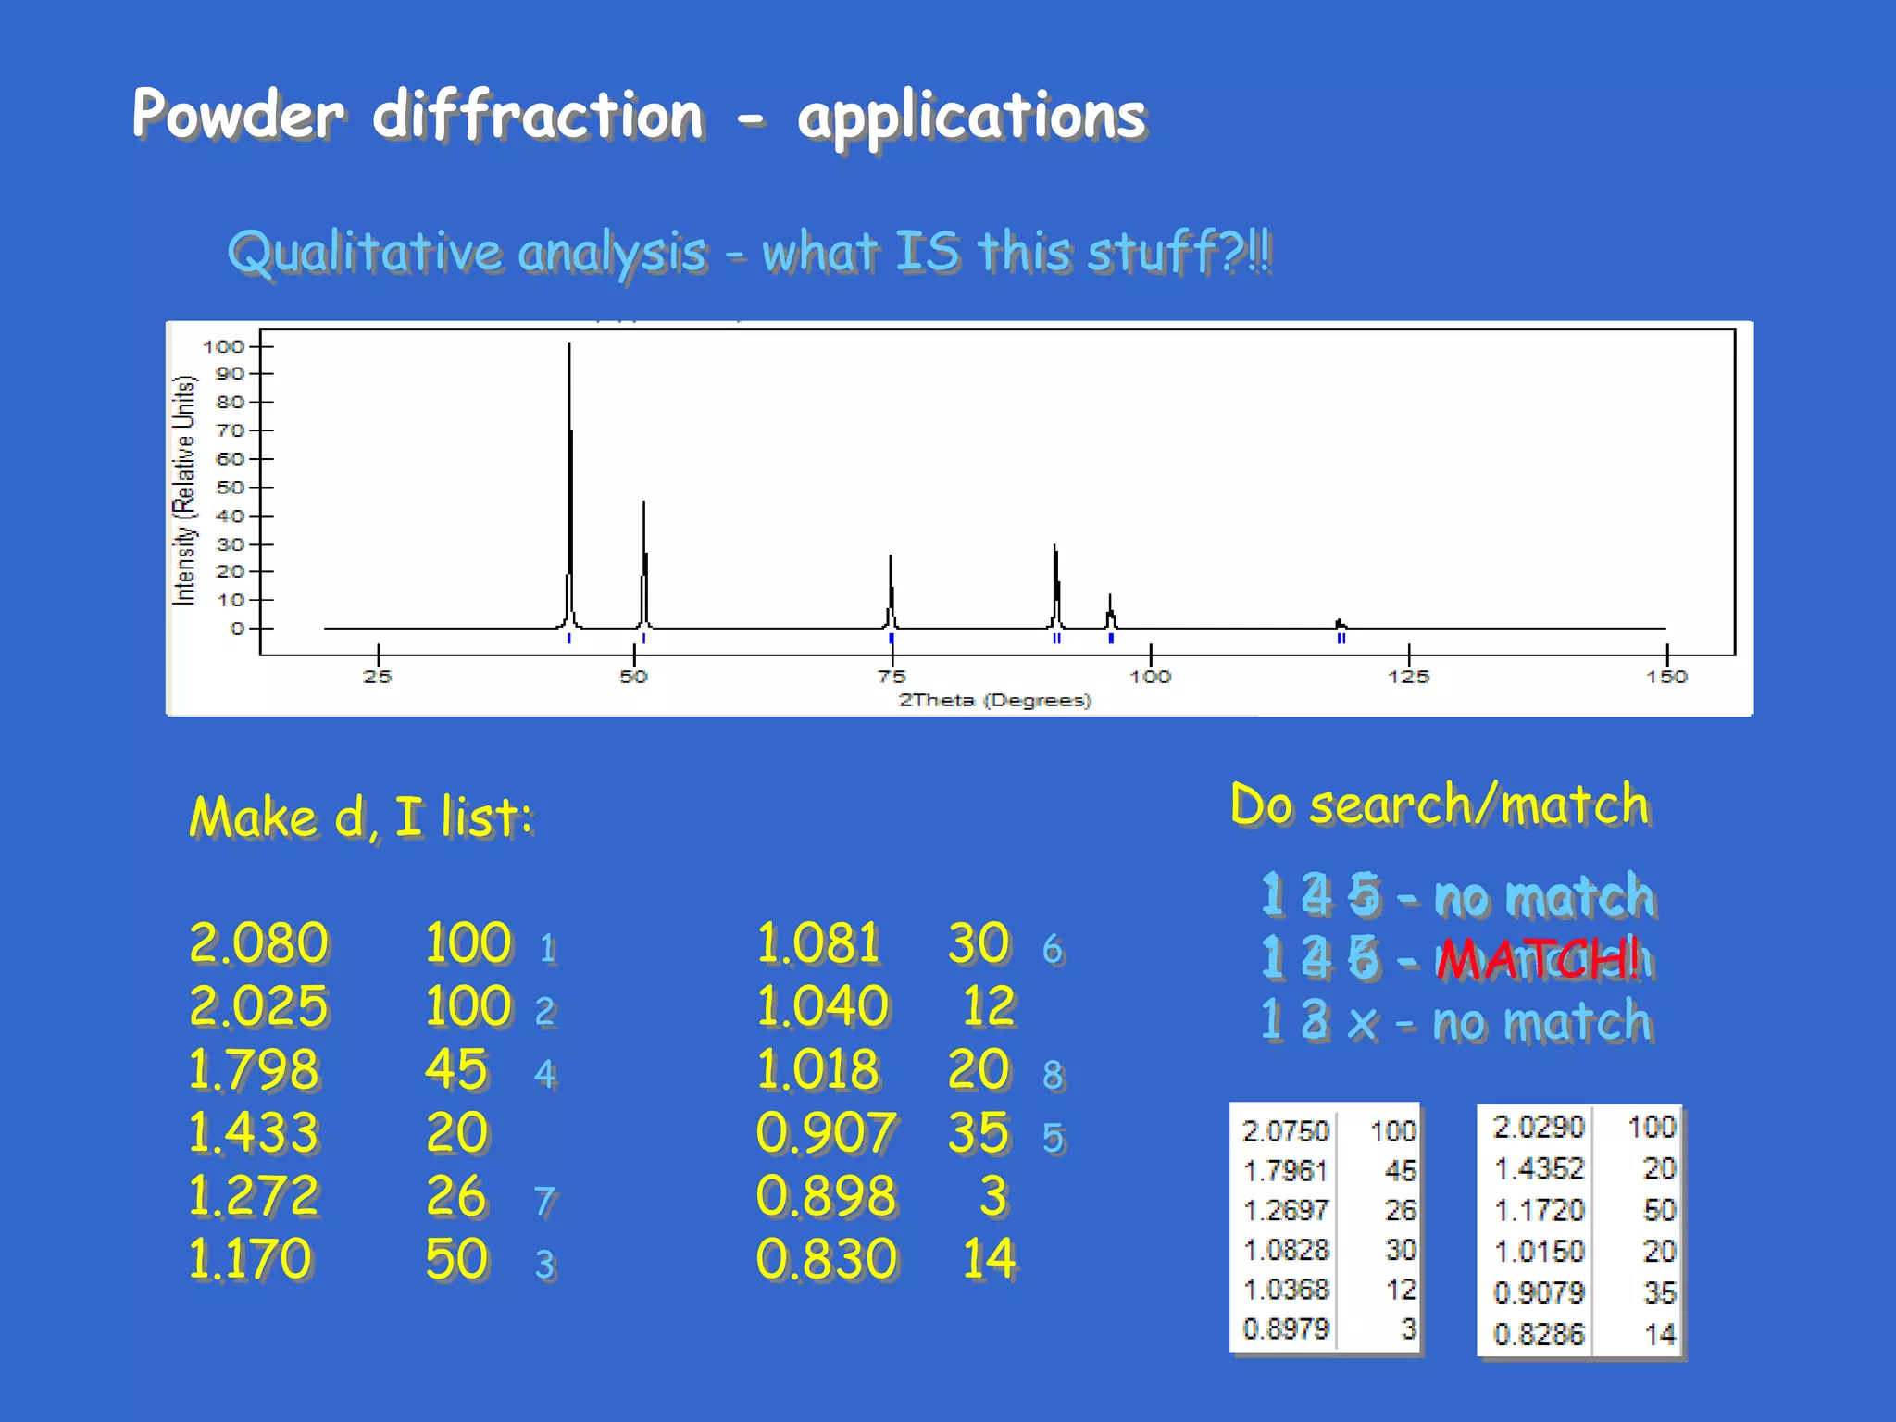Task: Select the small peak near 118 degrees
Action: pos(1340,624)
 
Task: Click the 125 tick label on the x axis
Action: pos(1408,677)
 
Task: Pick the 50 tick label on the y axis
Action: pos(230,487)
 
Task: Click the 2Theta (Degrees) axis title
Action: pos(995,701)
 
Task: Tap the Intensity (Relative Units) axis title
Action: pos(185,491)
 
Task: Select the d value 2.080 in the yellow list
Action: pos(258,943)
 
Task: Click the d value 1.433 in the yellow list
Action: pos(254,1132)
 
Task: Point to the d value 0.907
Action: pos(825,1133)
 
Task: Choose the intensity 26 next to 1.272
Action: pos(456,1195)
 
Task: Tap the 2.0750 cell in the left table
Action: pos(1286,1130)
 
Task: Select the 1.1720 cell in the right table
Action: pos(1539,1210)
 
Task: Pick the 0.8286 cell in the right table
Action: pos(1539,1334)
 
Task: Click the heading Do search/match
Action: pos(1440,805)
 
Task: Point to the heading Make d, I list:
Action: pos(361,817)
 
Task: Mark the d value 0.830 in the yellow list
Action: pos(826,1259)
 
